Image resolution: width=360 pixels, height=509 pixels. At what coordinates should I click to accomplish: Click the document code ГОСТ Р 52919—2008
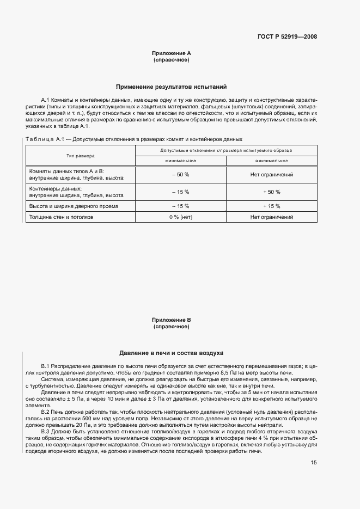pyautogui.click(x=287, y=37)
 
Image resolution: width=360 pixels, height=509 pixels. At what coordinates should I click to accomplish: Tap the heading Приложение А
pyautogui.click(x=172, y=53)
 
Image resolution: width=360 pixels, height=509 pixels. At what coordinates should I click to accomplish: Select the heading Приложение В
pyautogui.click(x=172, y=320)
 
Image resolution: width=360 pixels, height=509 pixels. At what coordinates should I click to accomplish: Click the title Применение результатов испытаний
pyautogui.click(x=172, y=87)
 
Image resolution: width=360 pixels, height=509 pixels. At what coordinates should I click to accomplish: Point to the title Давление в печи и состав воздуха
pyautogui.click(x=172, y=353)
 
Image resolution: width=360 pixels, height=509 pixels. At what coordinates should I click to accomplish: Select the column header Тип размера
pyautogui.click(x=80, y=155)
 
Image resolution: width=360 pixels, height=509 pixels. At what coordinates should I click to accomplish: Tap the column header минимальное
pyautogui.click(x=180, y=161)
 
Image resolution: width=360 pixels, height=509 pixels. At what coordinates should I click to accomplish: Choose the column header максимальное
pyautogui.click(x=271, y=161)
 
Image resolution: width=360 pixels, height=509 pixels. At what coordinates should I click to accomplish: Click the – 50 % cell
pyautogui.click(x=180, y=175)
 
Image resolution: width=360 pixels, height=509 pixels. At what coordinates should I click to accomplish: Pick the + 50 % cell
pyautogui.click(x=271, y=192)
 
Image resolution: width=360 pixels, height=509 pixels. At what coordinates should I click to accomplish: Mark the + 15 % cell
pyautogui.click(x=271, y=206)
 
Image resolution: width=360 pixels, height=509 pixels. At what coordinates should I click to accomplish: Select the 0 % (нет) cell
pyautogui.click(x=180, y=217)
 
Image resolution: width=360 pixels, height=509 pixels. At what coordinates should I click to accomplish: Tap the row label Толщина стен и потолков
pyautogui.click(x=61, y=217)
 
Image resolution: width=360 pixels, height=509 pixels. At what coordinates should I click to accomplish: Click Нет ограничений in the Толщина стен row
pyautogui.click(x=271, y=217)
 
